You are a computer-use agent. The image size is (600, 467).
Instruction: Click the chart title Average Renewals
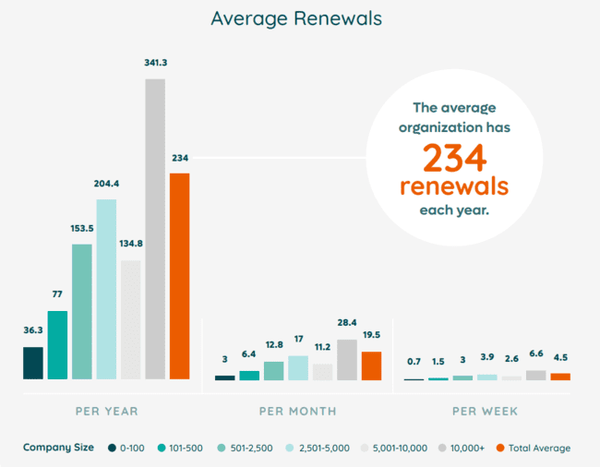(295, 18)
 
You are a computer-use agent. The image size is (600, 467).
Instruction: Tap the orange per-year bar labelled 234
(179, 276)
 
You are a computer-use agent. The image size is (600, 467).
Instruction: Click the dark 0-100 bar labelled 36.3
(33, 363)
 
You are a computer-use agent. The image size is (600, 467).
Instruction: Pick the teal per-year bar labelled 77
(57, 345)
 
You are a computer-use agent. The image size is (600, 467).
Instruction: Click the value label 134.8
(130, 245)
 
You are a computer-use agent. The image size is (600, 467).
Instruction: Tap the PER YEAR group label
(106, 410)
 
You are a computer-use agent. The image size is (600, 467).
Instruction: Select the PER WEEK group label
(485, 410)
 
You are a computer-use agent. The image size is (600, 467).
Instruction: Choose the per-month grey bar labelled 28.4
(347, 360)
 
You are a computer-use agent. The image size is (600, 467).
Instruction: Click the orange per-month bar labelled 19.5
(371, 365)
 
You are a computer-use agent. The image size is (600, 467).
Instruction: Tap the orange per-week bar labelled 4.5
(560, 377)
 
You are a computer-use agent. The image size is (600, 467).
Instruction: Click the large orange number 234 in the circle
(454, 159)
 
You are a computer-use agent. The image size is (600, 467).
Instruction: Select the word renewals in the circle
(454, 186)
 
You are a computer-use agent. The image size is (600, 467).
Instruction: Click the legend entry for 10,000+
(462, 448)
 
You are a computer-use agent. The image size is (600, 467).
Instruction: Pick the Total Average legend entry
(535, 448)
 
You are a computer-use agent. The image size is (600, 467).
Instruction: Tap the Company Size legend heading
(58, 448)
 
